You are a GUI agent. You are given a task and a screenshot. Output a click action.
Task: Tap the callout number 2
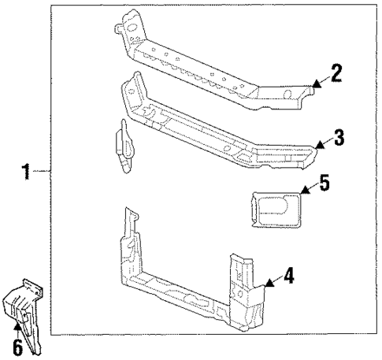[336, 73]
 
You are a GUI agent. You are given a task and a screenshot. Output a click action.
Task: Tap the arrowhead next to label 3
[319, 145]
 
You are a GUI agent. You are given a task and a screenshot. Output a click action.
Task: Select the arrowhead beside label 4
[269, 282]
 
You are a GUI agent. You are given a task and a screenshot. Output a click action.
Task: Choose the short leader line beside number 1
[44, 170]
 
